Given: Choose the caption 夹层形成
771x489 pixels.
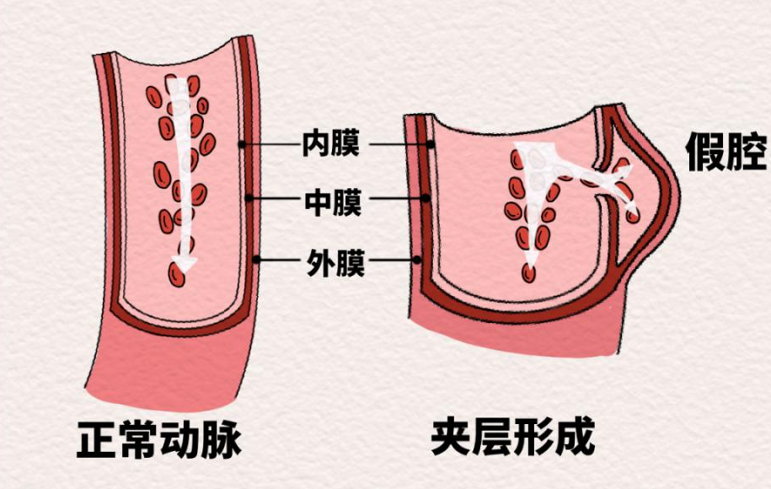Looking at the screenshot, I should tap(512, 438).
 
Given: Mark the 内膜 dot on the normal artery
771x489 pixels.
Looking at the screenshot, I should tap(242, 144).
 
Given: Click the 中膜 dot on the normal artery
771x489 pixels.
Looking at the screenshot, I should tap(251, 200).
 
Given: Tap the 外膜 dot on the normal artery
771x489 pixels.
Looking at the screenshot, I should tap(259, 259).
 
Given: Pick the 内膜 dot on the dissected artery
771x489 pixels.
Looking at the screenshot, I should tap(431, 144).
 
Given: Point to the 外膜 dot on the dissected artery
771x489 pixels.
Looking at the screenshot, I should tap(420, 259).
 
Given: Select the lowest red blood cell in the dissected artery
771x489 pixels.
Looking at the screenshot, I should tap(528, 271).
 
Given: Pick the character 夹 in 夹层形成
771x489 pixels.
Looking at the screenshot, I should tap(451, 438).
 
